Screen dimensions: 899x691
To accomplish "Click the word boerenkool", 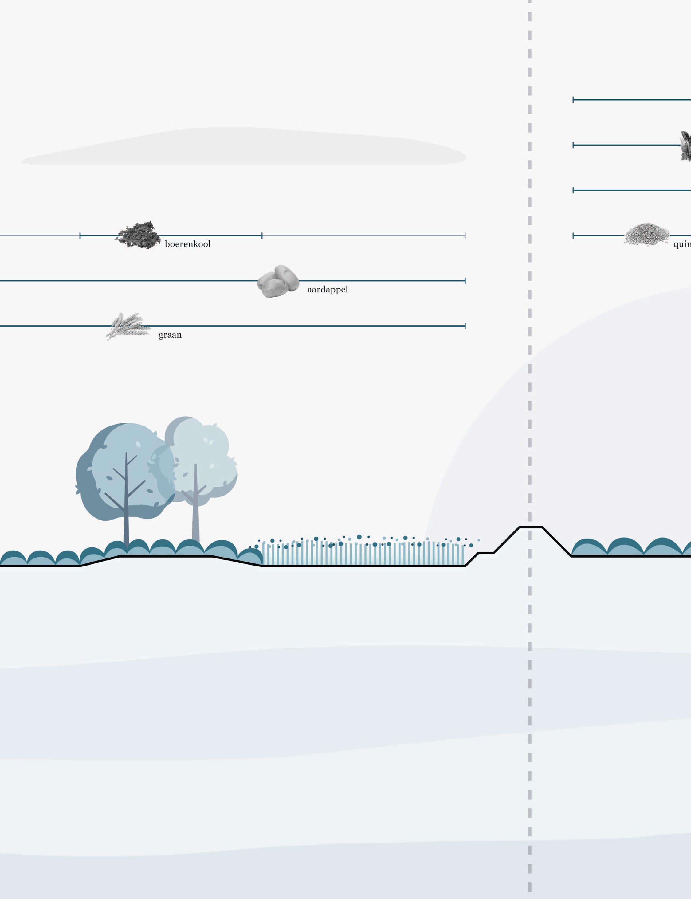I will click(x=187, y=244).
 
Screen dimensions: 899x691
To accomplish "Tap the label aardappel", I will click(x=328, y=290).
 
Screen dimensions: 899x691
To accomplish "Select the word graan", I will click(x=170, y=335).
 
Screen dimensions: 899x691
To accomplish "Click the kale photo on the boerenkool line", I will click(x=138, y=235).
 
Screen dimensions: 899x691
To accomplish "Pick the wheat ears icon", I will click(x=128, y=326).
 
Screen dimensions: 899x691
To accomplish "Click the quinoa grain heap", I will click(x=646, y=234).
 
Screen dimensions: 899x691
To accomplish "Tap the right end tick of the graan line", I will click(x=465, y=326).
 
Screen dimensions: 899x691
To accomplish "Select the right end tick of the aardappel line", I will click(x=465, y=281).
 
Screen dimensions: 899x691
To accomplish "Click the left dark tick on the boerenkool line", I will click(x=80, y=235).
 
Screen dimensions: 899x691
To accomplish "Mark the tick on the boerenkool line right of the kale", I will click(x=262, y=235).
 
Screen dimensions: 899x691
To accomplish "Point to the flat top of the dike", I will click(x=531, y=527).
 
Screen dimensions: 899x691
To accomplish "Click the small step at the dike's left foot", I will click(x=486, y=553).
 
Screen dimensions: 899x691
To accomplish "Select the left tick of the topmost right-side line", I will click(x=573, y=100).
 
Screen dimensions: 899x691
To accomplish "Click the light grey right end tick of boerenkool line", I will click(x=465, y=235).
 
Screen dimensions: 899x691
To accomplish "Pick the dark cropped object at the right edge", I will click(x=686, y=146).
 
